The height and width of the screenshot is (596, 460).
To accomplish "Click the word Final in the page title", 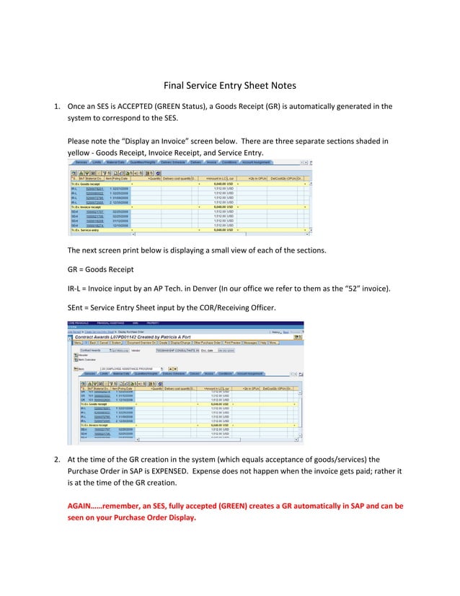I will click(177, 85).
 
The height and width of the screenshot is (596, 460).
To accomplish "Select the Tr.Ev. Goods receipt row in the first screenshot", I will click(86, 183).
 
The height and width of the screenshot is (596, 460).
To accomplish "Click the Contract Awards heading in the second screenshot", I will click(108, 336).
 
